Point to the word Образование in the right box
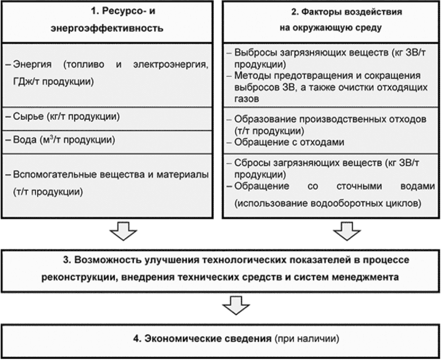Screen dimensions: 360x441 point(262,118)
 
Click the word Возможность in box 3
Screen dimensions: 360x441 point(103,260)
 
